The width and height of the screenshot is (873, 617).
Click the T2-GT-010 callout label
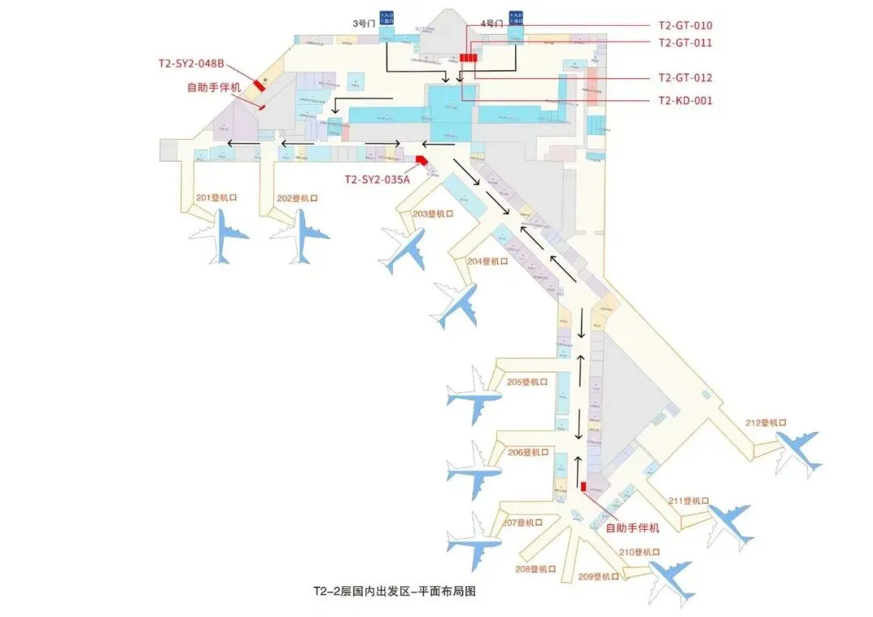pyautogui.click(x=685, y=26)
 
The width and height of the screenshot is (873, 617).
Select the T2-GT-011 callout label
pyautogui.click(x=685, y=43)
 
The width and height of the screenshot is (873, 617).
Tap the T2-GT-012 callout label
pyautogui.click(x=685, y=78)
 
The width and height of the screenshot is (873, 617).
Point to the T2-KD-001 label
pyautogui.click(x=685, y=101)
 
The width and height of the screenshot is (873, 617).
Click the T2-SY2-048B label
pyautogui.click(x=192, y=63)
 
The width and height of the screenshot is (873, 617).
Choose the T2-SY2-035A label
pyautogui.click(x=377, y=179)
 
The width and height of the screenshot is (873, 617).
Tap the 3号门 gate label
pyautogui.click(x=361, y=23)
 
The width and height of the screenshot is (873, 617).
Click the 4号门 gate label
pyautogui.click(x=490, y=23)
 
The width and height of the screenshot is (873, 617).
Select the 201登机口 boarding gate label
pyautogui.click(x=216, y=198)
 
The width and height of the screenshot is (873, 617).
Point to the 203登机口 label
pyautogui.click(x=433, y=214)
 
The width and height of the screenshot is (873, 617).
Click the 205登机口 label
pyautogui.click(x=527, y=382)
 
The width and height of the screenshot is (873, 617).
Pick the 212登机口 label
pyautogui.click(x=765, y=422)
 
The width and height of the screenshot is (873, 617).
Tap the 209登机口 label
pyautogui.click(x=599, y=577)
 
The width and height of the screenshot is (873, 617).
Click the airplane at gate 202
pyautogui.click(x=301, y=236)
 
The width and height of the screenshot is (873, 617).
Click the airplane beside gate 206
pyautogui.click(x=474, y=470)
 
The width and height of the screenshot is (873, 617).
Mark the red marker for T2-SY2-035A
pyautogui.click(x=420, y=160)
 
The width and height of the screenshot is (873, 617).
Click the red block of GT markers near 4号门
pyautogui.click(x=468, y=57)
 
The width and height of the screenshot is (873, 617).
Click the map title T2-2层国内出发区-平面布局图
pyautogui.click(x=394, y=591)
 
